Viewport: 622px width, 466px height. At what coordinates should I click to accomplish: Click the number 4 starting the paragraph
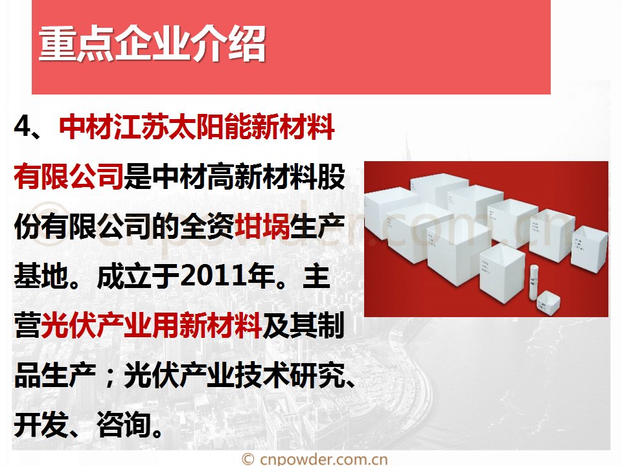(23, 126)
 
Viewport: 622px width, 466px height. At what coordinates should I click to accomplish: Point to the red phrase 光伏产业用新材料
(151, 325)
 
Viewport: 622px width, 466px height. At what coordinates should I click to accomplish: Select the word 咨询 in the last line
(124, 424)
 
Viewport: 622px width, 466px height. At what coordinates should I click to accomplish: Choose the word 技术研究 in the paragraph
(289, 375)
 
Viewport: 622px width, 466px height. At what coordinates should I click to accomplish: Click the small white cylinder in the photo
(533, 282)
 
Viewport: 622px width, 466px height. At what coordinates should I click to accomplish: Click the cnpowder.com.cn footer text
(324, 460)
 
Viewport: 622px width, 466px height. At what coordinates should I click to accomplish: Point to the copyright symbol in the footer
(248, 460)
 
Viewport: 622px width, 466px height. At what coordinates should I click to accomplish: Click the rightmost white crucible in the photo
(589, 248)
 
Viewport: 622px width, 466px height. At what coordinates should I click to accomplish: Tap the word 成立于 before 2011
(137, 276)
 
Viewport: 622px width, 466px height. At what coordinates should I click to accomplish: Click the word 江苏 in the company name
(141, 127)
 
